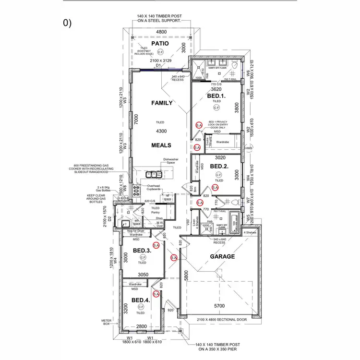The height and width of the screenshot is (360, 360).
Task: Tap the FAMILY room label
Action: [162, 103]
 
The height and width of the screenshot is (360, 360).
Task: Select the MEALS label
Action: [162, 145]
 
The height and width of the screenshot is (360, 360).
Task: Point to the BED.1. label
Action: [216, 96]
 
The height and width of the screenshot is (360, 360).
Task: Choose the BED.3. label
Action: [142, 251]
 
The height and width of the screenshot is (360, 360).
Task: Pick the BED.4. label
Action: [141, 300]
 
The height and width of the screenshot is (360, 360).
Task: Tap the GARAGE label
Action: [223, 256]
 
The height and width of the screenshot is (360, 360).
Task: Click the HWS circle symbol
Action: [249, 147]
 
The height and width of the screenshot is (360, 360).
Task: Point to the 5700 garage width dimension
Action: [220, 306]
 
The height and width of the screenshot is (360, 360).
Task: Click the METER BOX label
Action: [106, 322]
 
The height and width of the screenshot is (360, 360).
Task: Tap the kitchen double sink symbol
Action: [154, 174]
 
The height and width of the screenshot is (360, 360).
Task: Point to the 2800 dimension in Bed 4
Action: [141, 326]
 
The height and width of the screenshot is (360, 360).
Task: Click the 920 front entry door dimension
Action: [170, 310]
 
